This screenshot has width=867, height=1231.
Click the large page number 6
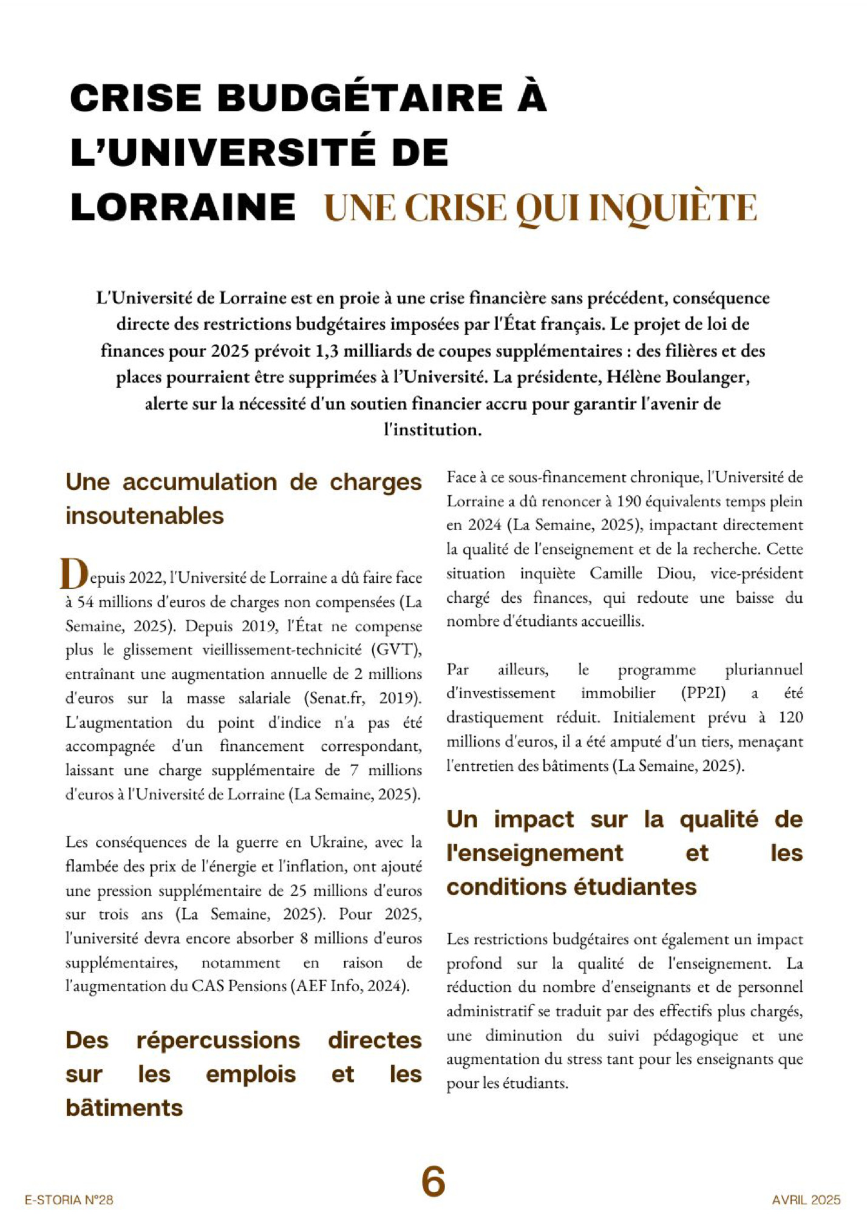click(x=433, y=1182)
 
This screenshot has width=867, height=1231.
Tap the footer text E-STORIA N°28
click(x=69, y=1200)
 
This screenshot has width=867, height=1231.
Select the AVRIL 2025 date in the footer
click(x=806, y=1200)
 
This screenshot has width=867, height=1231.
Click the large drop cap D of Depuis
click(x=74, y=574)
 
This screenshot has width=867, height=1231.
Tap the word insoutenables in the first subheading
click(x=144, y=516)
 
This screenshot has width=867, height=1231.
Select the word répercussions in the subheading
click(x=218, y=1040)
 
